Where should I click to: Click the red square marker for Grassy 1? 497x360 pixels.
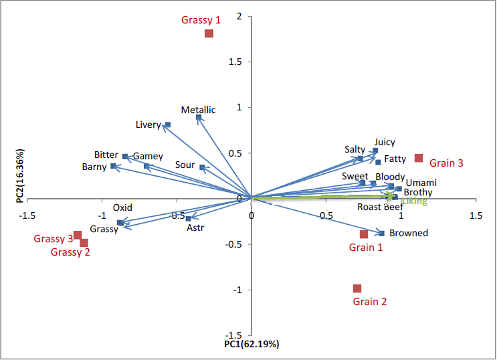coord(209,33)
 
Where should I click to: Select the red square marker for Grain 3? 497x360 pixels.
coord(419,158)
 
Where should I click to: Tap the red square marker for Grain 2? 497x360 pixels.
coord(357,288)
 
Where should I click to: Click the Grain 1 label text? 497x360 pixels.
coord(366,248)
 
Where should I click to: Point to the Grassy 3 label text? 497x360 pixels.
coord(54,239)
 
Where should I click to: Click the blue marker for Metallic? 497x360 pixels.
coord(199,118)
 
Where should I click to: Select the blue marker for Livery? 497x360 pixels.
coord(167,124)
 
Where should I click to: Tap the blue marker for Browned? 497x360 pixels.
coord(381,233)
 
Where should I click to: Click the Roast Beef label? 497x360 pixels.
coord(380,207)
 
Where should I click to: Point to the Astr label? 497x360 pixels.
coord(195,228)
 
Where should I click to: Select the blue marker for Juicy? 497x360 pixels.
coord(375,151)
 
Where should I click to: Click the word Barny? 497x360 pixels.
coord(94,167)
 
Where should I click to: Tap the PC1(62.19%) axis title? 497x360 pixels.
coord(252,345)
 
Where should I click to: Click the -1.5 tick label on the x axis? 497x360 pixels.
coord(28,216)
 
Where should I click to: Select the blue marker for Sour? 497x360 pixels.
coord(202,167)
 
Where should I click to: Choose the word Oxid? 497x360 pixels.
coord(122,207)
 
